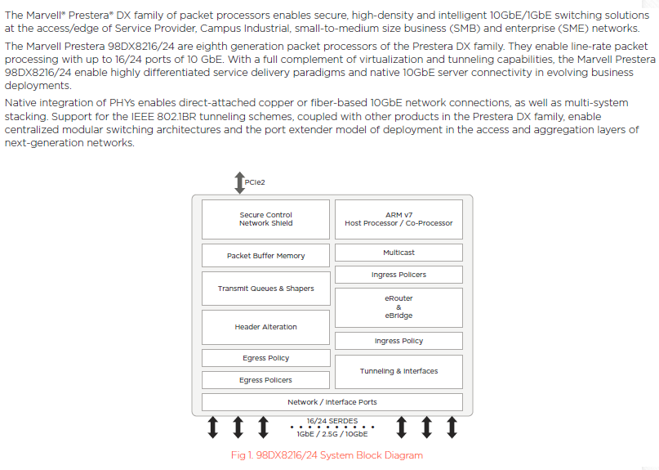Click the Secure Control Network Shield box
point(265,219)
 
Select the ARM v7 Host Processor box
point(399,219)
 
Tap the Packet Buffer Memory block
point(265,256)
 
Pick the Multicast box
point(399,253)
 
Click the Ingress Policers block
point(399,275)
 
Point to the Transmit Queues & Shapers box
point(265,289)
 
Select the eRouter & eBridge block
point(399,307)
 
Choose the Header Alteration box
point(265,327)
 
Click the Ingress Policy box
point(399,341)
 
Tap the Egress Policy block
point(265,358)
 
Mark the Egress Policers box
point(265,380)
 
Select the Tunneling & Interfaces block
point(399,371)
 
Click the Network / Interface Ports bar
point(332,402)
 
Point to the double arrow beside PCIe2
point(239,183)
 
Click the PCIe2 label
point(255,183)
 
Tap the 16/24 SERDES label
point(332,421)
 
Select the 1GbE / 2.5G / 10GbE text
point(332,434)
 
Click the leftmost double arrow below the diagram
point(213,427)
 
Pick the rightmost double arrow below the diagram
point(451,427)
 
